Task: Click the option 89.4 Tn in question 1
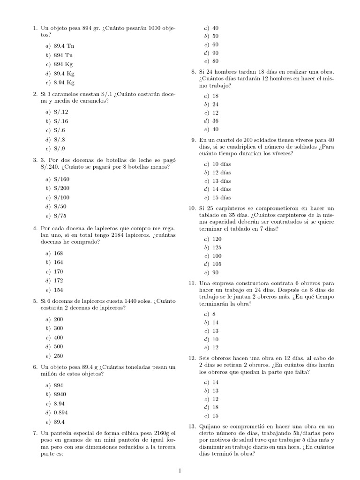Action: pyautogui.click(x=64, y=47)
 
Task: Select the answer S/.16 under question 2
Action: pyautogui.click(x=61, y=121)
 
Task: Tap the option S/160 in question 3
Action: pyautogui.click(x=61, y=180)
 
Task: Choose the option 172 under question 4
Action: pyautogui.click(x=59, y=281)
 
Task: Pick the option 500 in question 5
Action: pyautogui.click(x=59, y=347)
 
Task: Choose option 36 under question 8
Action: pyautogui.click(x=216, y=121)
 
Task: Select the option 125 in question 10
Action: pyautogui.click(x=217, y=247)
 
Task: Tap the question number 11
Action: pyautogui.click(x=192, y=283)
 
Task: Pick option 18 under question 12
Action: pyautogui.click(x=216, y=407)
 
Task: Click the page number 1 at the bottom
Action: pyautogui.click(x=180, y=471)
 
